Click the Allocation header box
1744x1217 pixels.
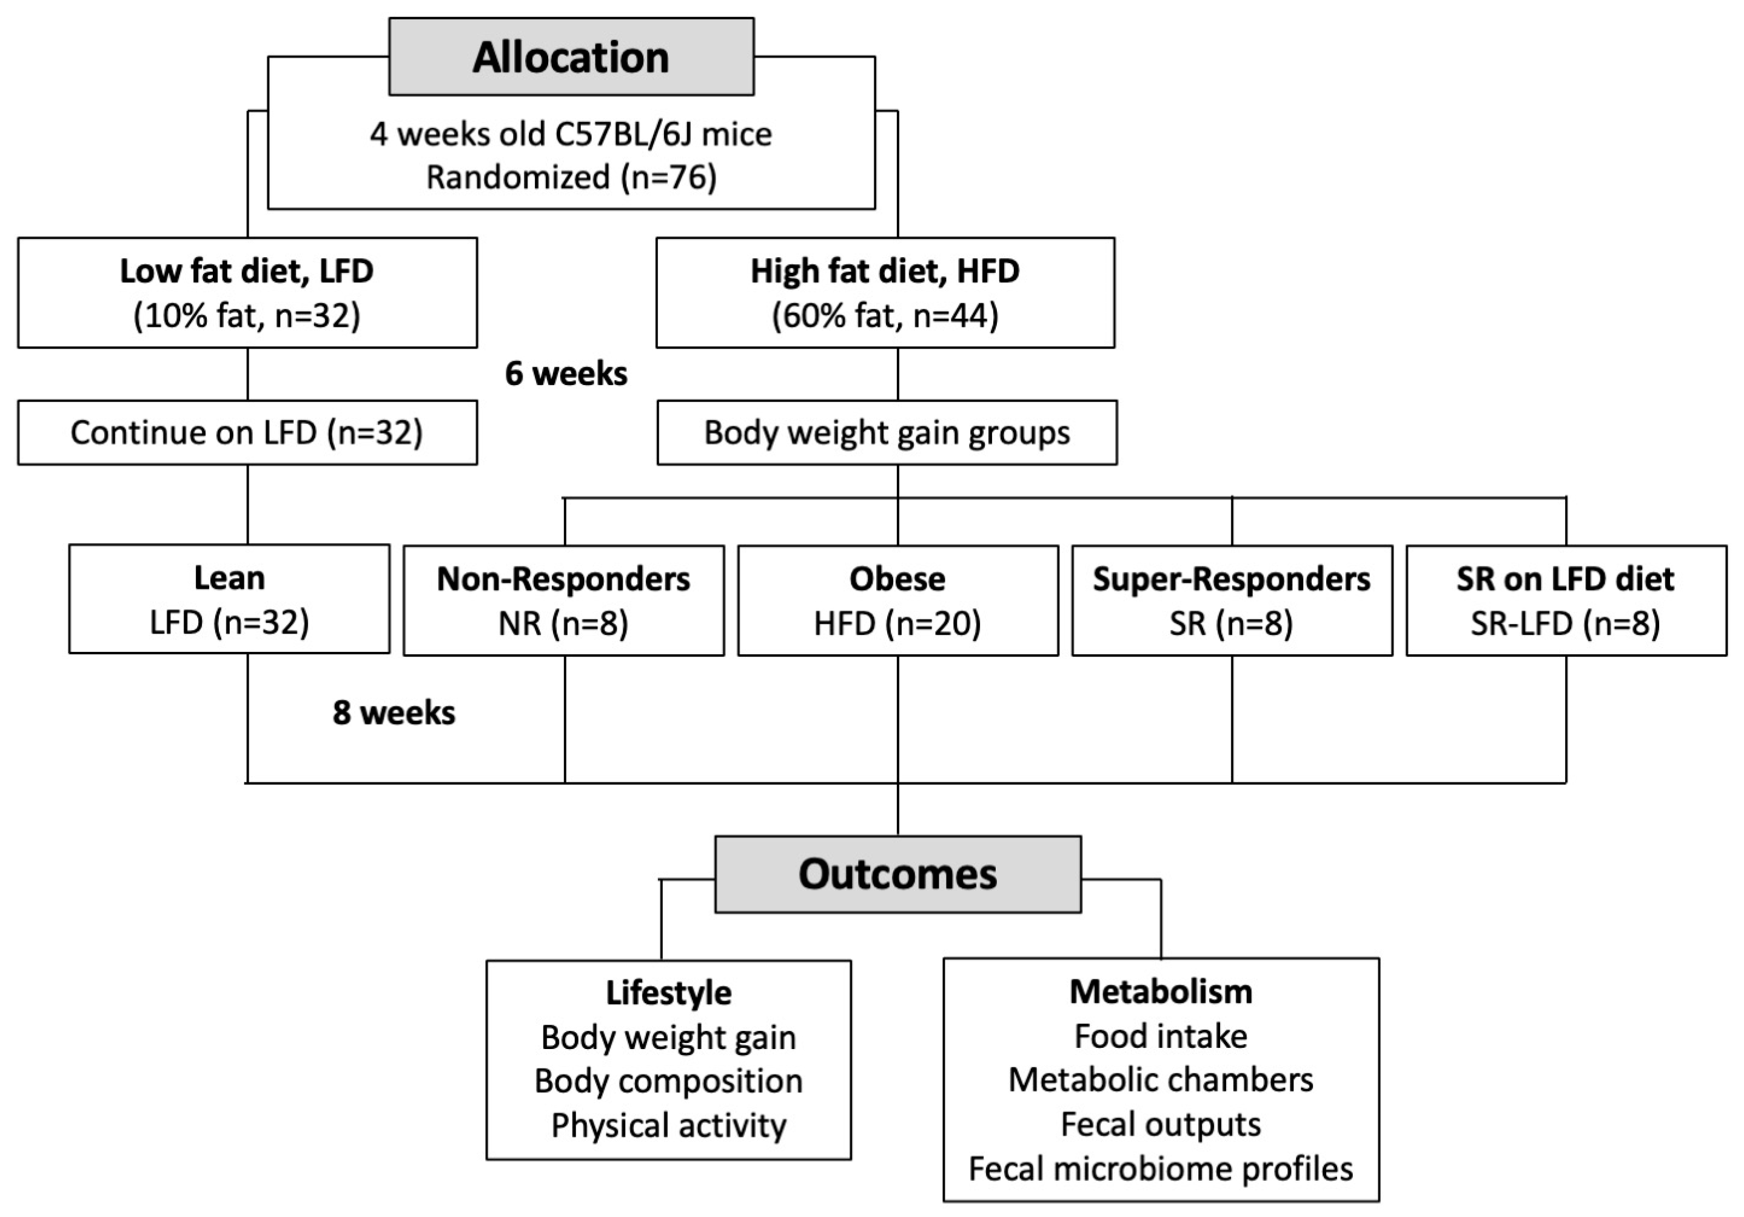(571, 57)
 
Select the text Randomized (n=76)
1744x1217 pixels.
(571, 177)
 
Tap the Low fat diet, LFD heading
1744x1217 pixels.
(247, 271)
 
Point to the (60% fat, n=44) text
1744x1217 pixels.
(885, 315)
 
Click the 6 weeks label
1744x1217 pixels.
(566, 374)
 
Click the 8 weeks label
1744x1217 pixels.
(394, 712)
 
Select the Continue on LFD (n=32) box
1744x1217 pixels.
(247, 432)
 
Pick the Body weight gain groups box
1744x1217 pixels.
(887, 432)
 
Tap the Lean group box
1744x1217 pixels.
(229, 598)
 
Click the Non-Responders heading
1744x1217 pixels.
(563, 579)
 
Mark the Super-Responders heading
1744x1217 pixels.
(1231, 579)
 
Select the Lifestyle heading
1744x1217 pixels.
(668, 993)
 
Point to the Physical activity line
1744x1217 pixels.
(668, 1125)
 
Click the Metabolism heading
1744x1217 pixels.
(1161, 991)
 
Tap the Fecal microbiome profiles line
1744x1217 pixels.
(1161, 1168)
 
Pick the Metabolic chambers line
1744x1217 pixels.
(1161, 1079)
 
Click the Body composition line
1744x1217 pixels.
(668, 1081)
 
